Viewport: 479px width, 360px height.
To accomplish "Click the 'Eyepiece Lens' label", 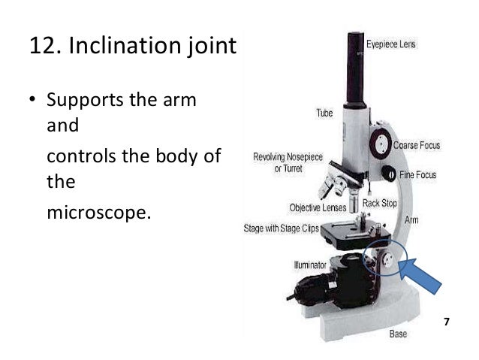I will pos(391,44).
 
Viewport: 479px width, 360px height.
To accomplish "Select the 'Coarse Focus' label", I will pos(417,144).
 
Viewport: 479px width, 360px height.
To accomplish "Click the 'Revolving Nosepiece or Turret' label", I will pos(277,164).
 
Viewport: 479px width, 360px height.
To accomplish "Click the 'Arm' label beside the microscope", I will pos(412,220).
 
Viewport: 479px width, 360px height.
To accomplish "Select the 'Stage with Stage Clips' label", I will pos(282,226).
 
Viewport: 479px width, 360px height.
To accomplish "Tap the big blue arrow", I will pos(423,279).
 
